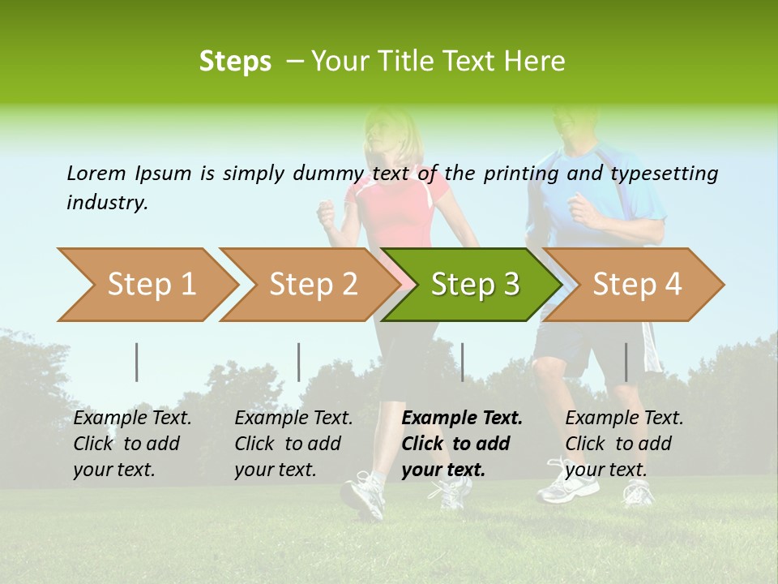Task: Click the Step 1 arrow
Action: coord(150,285)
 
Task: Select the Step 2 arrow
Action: coord(312,285)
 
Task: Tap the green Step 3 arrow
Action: coord(474,285)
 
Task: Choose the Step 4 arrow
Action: coord(636,285)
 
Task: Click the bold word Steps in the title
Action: coord(235,62)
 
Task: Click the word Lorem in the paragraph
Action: coord(96,174)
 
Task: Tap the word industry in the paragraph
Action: coord(106,203)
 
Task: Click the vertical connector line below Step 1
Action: coord(137,362)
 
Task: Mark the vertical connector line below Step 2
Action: coord(299,362)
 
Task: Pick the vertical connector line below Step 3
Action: coord(462,362)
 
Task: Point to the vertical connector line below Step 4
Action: coord(626,362)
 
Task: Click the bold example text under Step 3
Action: coord(461,444)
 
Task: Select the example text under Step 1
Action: coord(131,444)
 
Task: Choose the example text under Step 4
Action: coord(623,444)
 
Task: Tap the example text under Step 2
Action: coord(293,444)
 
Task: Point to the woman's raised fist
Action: coord(327,214)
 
